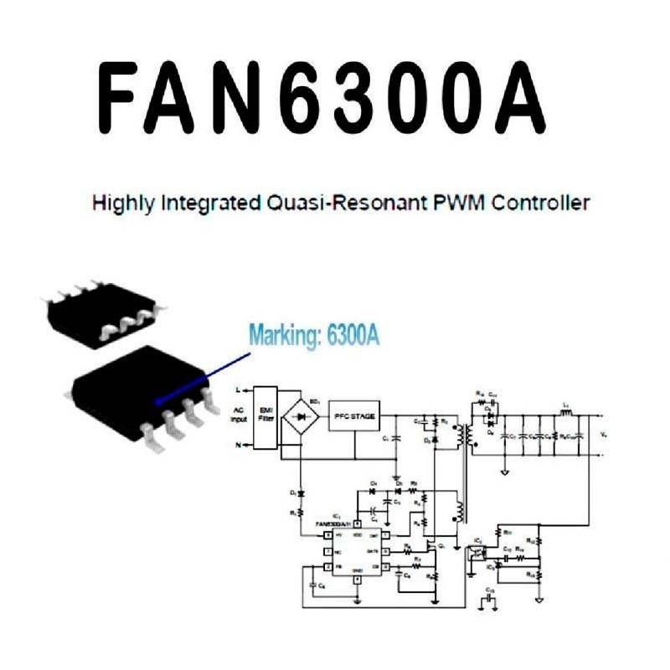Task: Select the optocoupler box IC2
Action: coord(478,553)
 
